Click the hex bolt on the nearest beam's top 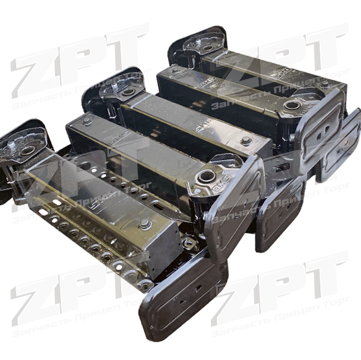point(145,223)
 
